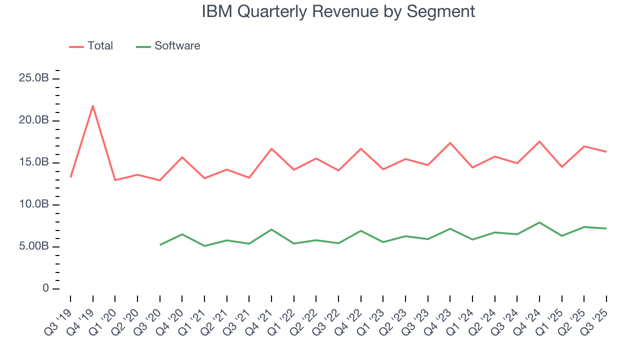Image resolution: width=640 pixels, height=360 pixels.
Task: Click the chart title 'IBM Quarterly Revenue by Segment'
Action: pos(338,11)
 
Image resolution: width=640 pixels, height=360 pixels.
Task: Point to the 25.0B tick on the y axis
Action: pos(34,78)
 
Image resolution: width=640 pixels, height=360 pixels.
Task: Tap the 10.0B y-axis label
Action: pos(34,204)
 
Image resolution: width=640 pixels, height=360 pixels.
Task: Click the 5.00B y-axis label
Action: pos(34,246)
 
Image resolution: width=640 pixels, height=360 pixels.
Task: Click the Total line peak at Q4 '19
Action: pos(92,105)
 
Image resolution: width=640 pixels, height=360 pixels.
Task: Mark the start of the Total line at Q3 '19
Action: pos(70,177)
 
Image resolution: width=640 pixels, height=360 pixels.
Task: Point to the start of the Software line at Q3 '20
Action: pos(160,244)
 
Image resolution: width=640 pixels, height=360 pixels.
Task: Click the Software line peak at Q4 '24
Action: pos(539,222)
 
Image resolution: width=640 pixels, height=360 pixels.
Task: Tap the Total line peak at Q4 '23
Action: pos(450,143)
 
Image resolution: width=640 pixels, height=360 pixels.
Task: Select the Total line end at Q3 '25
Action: pos(606,151)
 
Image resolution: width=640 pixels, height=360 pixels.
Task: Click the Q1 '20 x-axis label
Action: pos(106,315)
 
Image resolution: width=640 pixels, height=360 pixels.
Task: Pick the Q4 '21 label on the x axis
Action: pos(263,315)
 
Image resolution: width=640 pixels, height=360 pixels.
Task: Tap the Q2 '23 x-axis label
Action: pos(397,315)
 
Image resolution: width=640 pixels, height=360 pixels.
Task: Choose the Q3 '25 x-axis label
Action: pos(598,315)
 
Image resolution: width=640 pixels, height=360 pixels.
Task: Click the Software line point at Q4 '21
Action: pos(271,229)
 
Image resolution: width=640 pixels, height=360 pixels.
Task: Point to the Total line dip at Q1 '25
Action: pos(562,166)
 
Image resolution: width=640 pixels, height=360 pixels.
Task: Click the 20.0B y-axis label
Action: pos(34,120)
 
